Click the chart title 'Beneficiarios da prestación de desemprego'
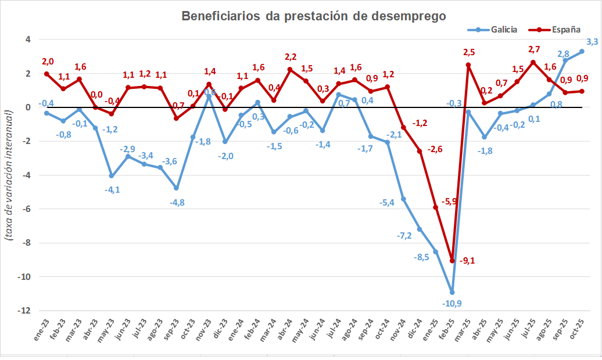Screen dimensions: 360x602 point(314,16)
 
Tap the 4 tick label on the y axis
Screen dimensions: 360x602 point(27,39)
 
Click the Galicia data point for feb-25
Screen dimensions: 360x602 point(452,292)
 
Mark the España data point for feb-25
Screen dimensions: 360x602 point(452,261)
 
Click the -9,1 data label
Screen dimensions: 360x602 point(467,261)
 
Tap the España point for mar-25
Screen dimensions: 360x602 point(468,65)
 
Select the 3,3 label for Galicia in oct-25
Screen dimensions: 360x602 point(592,42)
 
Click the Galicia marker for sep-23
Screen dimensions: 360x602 point(177,188)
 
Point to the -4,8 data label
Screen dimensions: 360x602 point(177,202)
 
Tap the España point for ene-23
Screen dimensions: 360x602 point(46,74)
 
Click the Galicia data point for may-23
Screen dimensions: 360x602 point(112,176)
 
